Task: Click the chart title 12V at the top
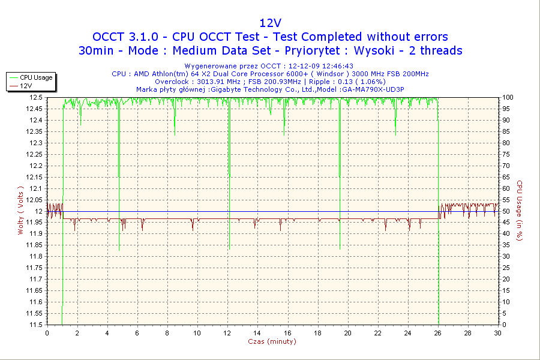[x=271, y=23]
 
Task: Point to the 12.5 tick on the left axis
[x=36, y=97]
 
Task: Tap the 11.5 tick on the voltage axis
[x=36, y=325]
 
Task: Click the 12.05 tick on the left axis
[x=34, y=200]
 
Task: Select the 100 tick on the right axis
[x=508, y=97]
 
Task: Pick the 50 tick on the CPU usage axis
[x=506, y=211]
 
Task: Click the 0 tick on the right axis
[x=504, y=325]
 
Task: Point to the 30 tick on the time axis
[x=497, y=333]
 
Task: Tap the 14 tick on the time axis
[x=257, y=333]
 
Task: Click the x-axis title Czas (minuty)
[x=272, y=341]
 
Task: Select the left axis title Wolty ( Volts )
[x=20, y=210]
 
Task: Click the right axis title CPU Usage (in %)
[x=520, y=210]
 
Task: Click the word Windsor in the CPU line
[x=331, y=74]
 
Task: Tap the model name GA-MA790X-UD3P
[x=372, y=89]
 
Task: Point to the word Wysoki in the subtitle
[x=374, y=50]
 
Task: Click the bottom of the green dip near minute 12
[x=229, y=249]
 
